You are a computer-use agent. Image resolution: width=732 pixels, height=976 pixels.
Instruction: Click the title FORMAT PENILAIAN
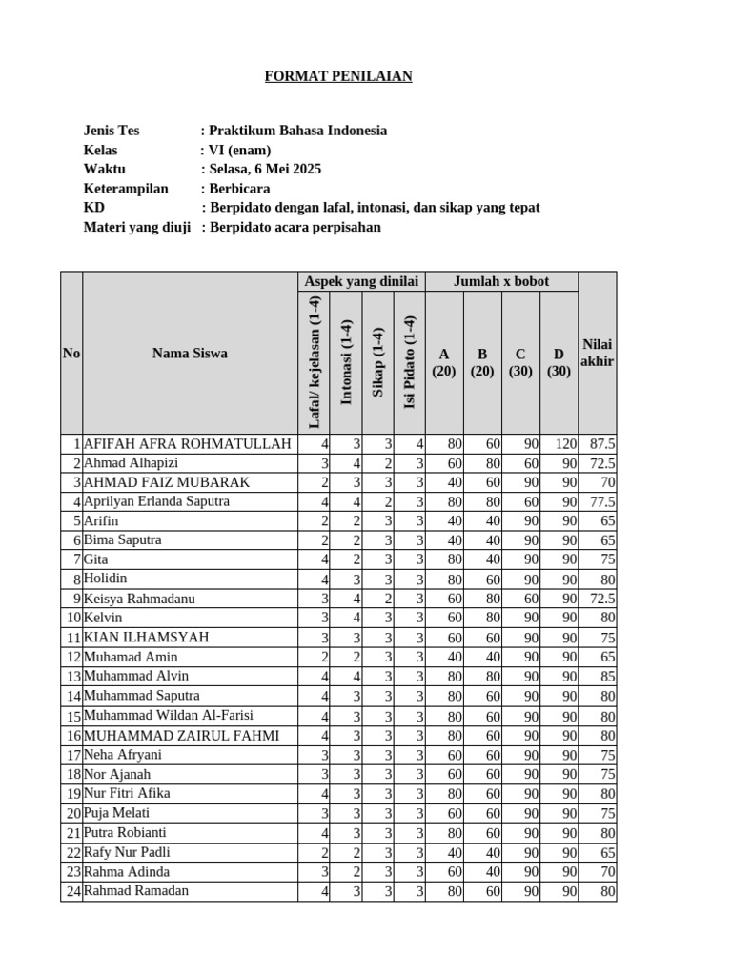click(x=338, y=76)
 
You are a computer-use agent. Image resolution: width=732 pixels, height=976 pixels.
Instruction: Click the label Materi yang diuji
click(x=137, y=227)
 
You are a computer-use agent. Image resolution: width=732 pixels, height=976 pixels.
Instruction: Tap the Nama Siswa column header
click(x=190, y=353)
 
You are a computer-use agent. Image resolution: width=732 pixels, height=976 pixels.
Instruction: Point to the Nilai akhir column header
click(x=597, y=353)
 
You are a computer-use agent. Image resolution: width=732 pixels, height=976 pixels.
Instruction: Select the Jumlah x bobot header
click(x=501, y=281)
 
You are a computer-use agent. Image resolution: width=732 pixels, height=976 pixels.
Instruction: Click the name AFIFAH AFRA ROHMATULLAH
click(x=187, y=444)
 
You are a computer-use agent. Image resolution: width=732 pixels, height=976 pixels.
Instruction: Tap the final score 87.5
click(x=602, y=444)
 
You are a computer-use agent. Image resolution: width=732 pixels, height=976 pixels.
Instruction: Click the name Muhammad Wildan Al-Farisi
click(x=169, y=715)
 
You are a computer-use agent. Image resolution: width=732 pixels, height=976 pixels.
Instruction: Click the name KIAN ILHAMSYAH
click(x=146, y=637)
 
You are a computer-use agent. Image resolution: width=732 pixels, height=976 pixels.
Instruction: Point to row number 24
click(x=72, y=891)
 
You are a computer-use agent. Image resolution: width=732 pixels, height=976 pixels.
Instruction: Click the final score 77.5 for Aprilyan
click(x=602, y=501)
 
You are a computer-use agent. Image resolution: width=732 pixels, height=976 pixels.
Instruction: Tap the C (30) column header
click(x=520, y=362)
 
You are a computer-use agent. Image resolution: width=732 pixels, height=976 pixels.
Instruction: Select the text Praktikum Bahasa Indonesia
click(x=297, y=131)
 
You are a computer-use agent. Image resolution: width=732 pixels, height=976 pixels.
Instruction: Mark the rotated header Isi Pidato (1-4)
click(x=410, y=362)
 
